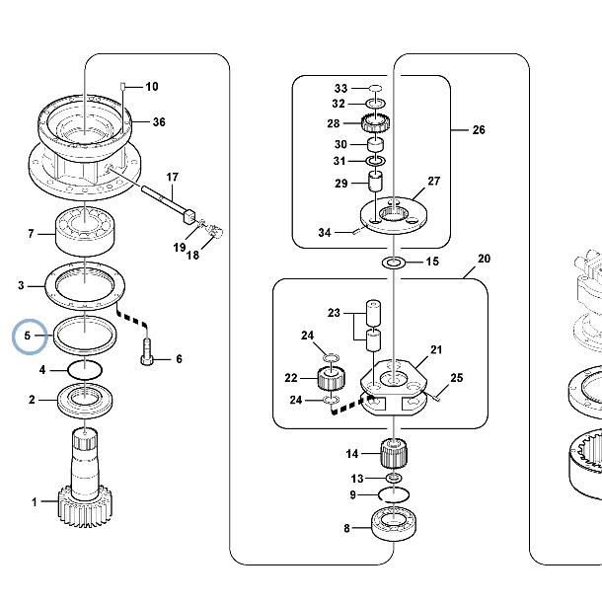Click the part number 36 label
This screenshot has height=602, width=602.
tap(159, 122)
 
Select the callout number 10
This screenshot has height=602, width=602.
tap(152, 87)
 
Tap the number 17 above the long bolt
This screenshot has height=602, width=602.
tap(173, 178)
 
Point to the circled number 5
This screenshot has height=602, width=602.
tap(30, 337)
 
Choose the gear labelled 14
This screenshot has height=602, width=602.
tap(395, 455)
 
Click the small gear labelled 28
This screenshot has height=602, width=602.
tap(376, 125)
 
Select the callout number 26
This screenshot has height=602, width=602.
tap(479, 129)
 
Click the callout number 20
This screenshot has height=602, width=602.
tap(484, 260)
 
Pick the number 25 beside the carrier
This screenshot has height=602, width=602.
tap(456, 378)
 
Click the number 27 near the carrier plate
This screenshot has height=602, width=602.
tap(432, 181)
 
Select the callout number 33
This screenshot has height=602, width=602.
tap(340, 88)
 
